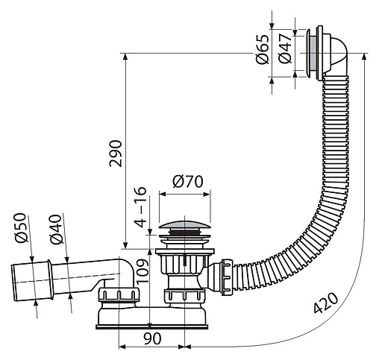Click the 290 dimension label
116,154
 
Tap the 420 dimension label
326,303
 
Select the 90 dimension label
152,338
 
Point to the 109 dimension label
142,271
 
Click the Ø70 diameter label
188,181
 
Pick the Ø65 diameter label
263,49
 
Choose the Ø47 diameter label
285,48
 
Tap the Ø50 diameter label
20,227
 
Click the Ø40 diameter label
55,229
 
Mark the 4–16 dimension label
140,206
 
